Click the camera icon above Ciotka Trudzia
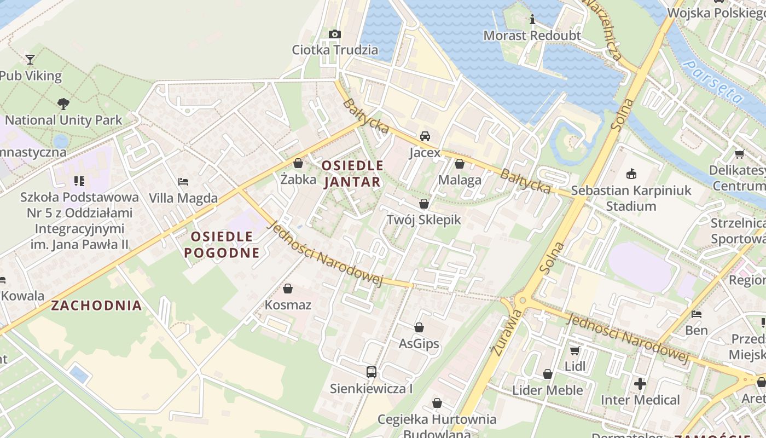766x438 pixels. (335, 34)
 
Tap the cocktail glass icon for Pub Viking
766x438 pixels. (30, 59)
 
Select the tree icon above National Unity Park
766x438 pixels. (63, 103)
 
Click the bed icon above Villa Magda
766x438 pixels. (183, 181)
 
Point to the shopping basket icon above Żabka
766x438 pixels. (298, 163)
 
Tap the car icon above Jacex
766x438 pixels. (425, 136)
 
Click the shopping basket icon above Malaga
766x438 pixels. (460, 164)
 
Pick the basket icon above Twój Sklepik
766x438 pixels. (424, 204)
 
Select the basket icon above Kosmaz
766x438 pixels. (288, 289)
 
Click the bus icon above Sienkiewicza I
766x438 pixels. (372, 372)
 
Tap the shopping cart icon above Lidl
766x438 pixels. (575, 350)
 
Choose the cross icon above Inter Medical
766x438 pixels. (640, 384)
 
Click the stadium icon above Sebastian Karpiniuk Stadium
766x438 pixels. (631, 174)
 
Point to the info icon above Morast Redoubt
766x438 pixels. (532, 20)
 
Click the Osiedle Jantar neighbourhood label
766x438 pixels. (352, 174)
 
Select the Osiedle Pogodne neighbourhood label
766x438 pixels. (222, 244)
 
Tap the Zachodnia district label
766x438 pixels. (96, 306)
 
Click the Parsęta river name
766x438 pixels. (715, 82)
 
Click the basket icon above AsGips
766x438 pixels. (419, 327)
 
